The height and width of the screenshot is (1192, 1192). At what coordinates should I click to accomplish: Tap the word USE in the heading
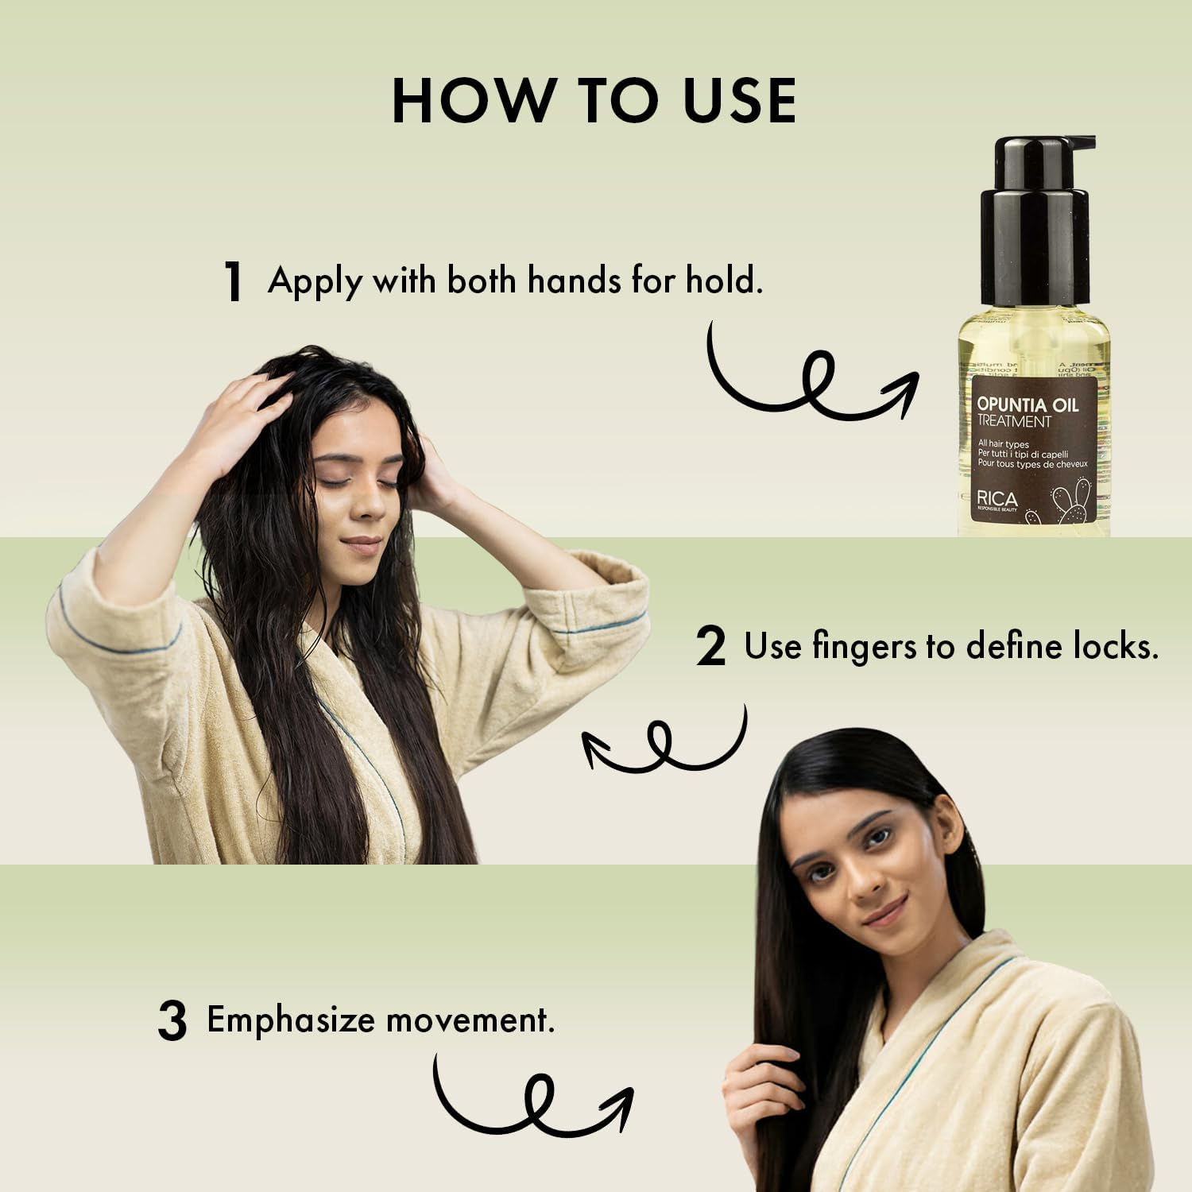coord(740,101)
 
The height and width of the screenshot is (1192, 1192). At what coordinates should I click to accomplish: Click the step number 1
coord(233,282)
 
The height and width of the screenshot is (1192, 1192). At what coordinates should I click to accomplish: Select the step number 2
coord(710,647)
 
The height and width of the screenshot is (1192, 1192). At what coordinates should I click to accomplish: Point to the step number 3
coord(172,1022)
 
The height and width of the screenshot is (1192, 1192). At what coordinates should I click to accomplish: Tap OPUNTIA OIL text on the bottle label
coord(1028,404)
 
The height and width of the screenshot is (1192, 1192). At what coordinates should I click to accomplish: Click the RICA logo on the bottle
coord(997,499)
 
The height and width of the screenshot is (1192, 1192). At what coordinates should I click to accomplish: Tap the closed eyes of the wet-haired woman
coord(358,482)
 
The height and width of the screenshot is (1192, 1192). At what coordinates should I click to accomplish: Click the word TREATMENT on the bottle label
coord(1013,421)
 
